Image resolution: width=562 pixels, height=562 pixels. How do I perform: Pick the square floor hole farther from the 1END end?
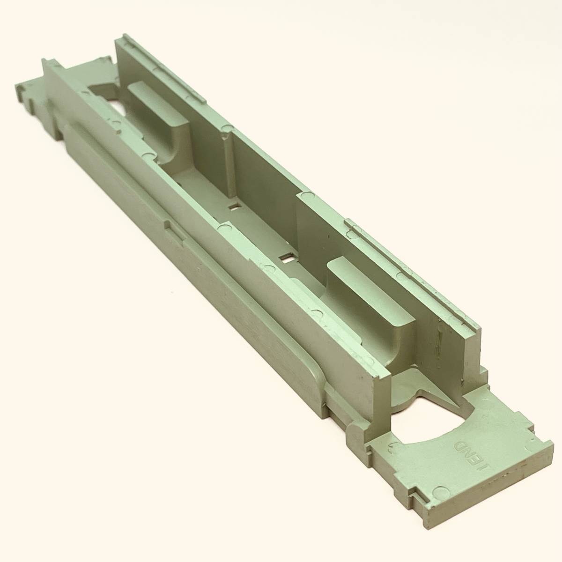[234, 207]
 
